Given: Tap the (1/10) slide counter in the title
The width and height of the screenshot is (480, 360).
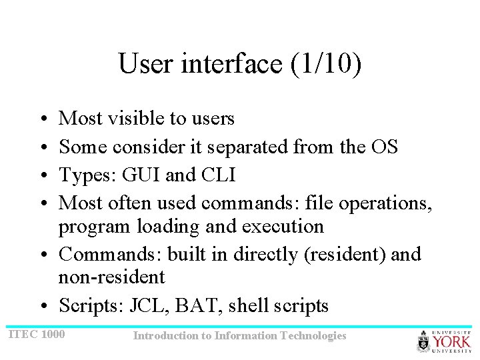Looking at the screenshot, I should (325, 65).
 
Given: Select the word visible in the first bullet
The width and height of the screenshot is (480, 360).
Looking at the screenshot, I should (131, 119).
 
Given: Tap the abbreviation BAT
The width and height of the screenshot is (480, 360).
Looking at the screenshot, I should (199, 306).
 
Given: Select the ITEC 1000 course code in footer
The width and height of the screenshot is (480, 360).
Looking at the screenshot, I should (36, 333).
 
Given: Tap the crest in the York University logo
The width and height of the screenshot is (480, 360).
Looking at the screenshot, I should (424, 342).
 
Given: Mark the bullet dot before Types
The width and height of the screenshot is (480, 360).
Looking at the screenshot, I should (41, 175).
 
